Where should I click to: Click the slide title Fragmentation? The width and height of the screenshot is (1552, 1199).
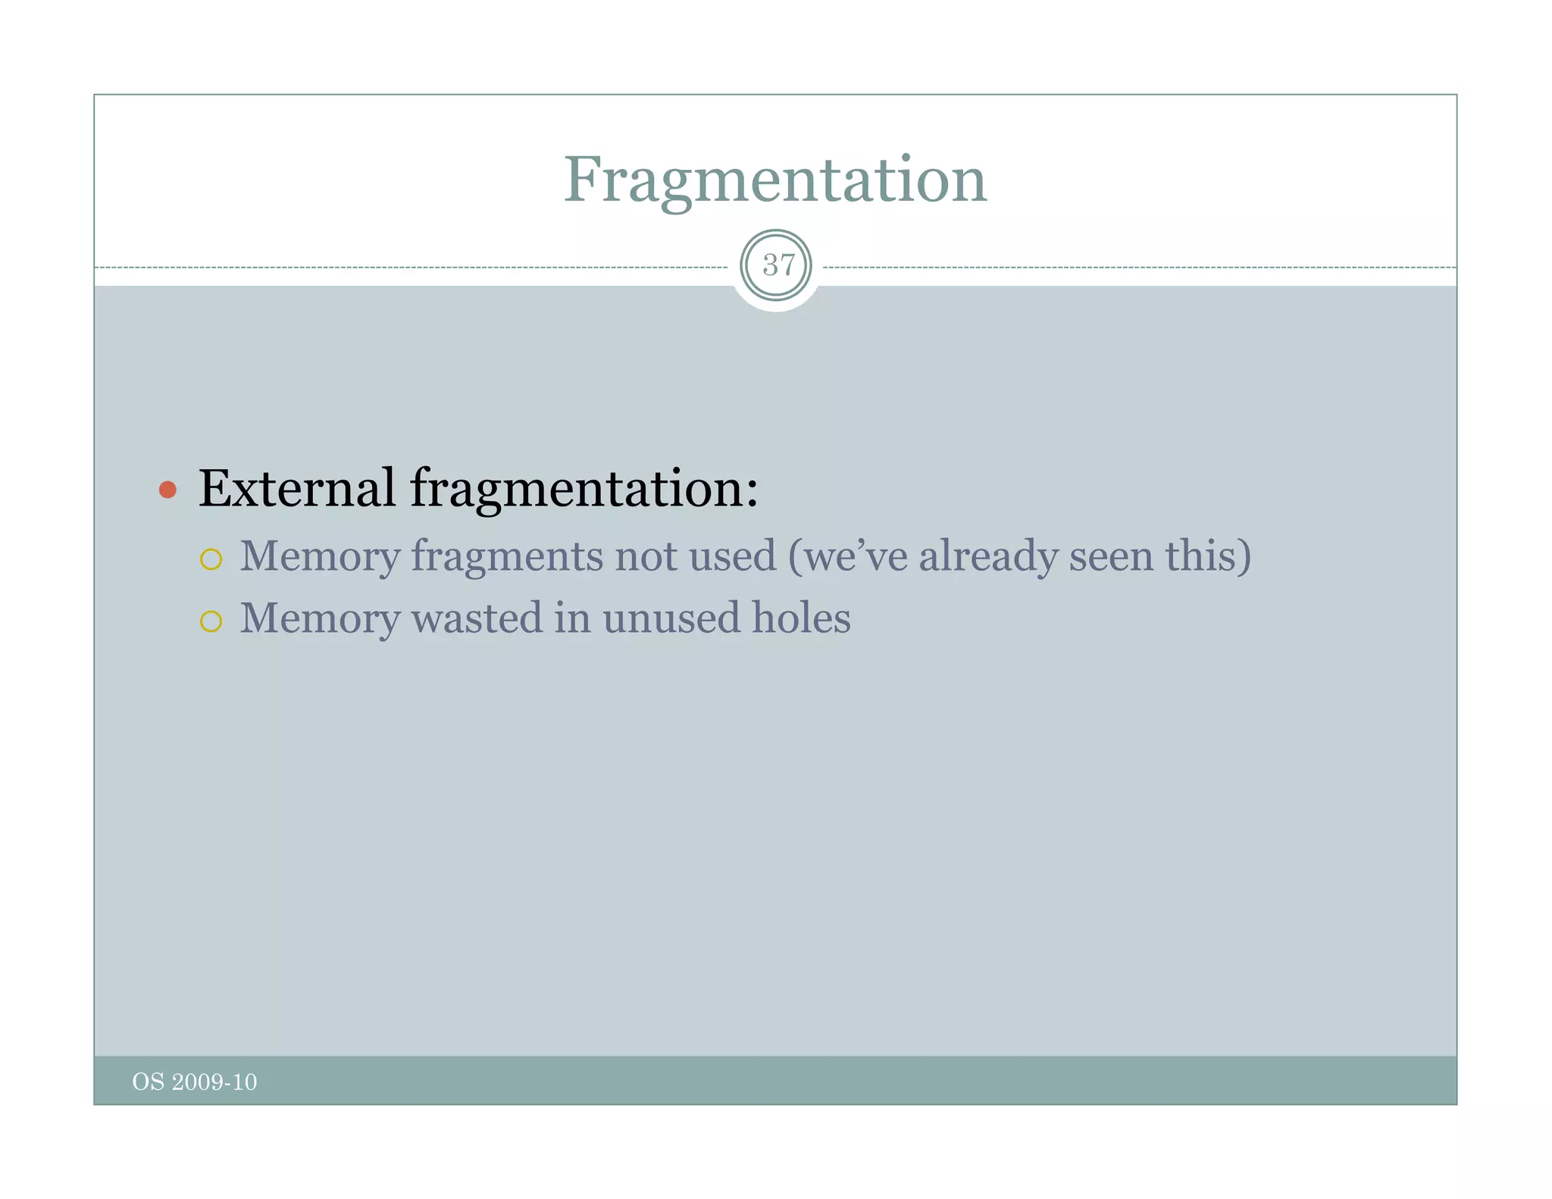click(x=774, y=180)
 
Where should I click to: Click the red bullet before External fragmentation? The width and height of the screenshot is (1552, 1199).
click(x=167, y=490)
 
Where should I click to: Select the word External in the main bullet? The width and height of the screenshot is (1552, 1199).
click(x=296, y=488)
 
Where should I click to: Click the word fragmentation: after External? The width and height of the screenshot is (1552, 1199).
click(x=584, y=490)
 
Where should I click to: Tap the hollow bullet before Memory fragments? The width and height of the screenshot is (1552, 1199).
click(x=211, y=559)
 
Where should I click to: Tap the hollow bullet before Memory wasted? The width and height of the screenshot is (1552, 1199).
click(x=211, y=621)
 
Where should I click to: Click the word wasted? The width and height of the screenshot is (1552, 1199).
click(x=477, y=618)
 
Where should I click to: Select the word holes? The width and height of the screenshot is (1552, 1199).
click(x=801, y=618)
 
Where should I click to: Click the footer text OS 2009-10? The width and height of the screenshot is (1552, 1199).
click(x=195, y=1082)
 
